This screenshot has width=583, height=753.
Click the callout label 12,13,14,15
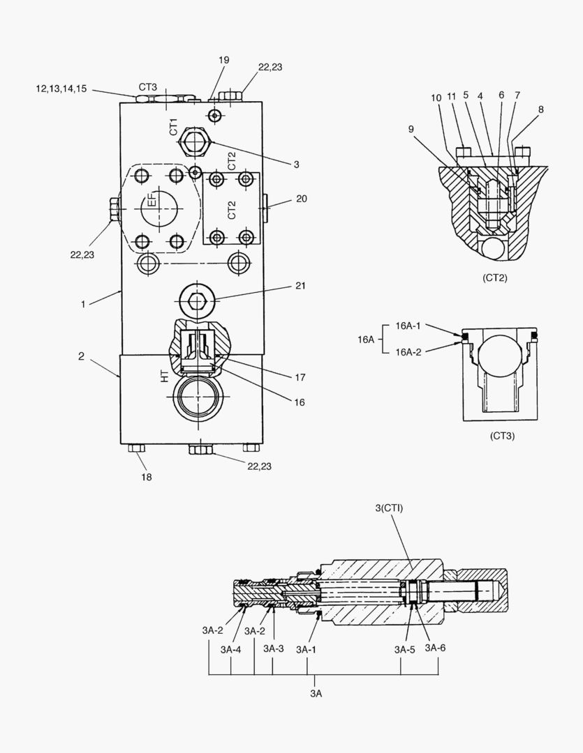(61, 89)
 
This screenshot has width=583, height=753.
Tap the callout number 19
(223, 61)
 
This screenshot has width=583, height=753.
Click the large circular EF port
(161, 208)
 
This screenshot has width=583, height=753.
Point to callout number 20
(301, 199)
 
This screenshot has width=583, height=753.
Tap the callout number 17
(300, 377)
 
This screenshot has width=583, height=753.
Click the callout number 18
(147, 477)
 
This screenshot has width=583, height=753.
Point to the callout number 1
(82, 304)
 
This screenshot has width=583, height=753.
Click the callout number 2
(81, 356)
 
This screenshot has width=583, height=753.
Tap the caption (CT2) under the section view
(494, 277)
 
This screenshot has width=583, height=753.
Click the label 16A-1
(409, 326)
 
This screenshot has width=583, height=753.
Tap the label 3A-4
(230, 649)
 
